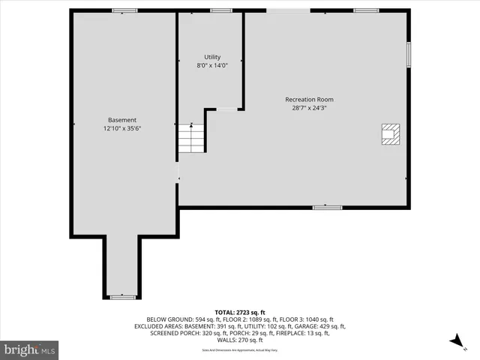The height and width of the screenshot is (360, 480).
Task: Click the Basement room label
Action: tap(122, 120)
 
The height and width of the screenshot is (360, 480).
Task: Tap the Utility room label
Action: tap(212, 57)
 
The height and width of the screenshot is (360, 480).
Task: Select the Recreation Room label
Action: tap(309, 99)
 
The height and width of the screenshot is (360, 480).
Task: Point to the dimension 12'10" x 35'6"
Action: tap(122, 128)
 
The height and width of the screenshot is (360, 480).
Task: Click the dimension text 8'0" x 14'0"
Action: tap(212, 65)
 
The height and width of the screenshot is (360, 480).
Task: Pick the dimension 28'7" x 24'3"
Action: tap(309, 107)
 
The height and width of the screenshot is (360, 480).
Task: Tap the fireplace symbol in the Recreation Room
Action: tap(389, 133)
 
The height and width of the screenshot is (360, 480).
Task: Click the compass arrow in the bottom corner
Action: tap(455, 342)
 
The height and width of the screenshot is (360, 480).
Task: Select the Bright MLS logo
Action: tap(29, 349)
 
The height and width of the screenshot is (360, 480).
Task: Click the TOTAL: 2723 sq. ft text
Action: tap(239, 312)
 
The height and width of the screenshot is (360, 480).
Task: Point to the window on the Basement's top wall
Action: tap(124, 10)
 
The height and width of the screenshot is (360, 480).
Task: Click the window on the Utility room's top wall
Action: tap(220, 10)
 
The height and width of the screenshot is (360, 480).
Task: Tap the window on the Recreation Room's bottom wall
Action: tap(327, 207)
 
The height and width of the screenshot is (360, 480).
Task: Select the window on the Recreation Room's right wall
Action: tap(409, 54)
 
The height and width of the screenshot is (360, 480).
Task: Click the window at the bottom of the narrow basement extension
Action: tap(122, 297)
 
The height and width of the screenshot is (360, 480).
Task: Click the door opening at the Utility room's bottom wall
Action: tap(226, 109)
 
